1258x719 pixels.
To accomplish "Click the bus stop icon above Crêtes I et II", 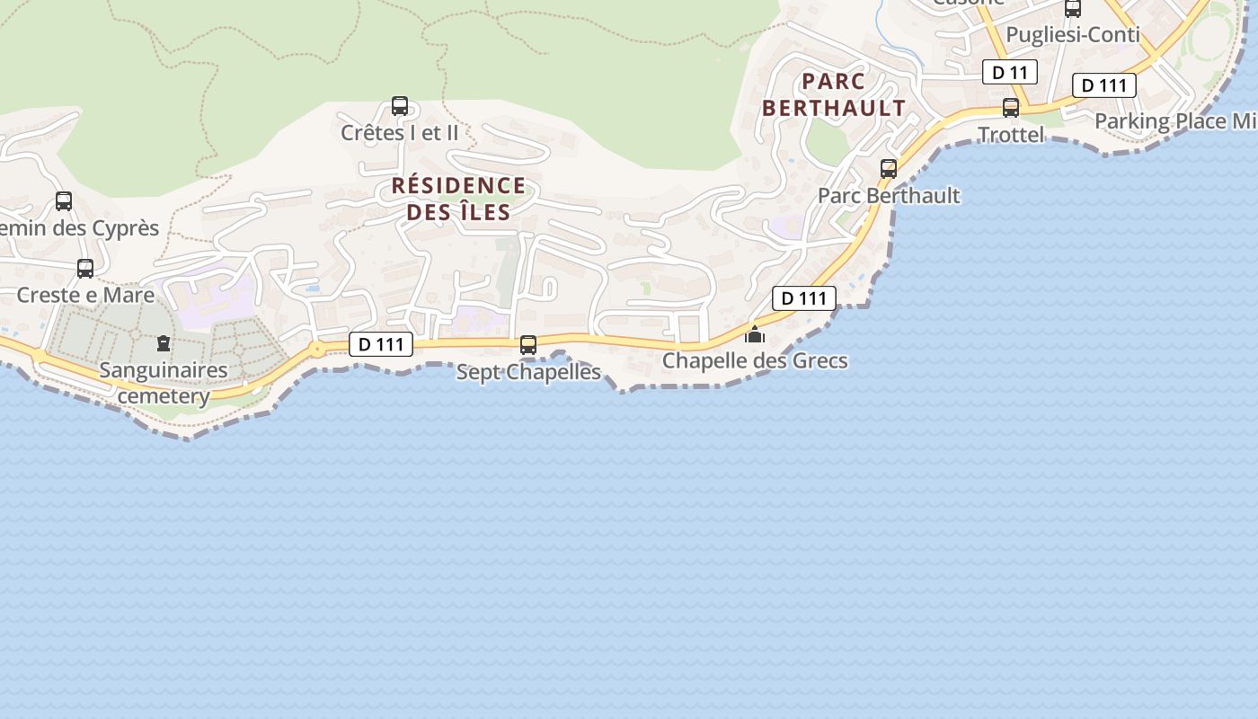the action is (x=400, y=106).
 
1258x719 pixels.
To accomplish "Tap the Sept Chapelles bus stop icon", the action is (x=528, y=345).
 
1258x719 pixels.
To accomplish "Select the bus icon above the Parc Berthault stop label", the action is (x=889, y=168).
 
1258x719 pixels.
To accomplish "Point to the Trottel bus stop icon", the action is (x=1011, y=108).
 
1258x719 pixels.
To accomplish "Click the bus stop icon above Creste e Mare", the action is (x=85, y=268).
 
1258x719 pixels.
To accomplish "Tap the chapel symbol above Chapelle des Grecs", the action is (x=755, y=334).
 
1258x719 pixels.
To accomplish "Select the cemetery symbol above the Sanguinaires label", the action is (x=164, y=342).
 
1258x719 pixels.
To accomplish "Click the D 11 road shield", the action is (x=1010, y=72).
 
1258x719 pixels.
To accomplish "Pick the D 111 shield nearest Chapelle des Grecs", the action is (x=803, y=298).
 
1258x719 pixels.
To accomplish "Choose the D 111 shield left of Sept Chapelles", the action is (x=381, y=343).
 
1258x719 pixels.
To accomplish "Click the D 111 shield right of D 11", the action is (x=1104, y=85).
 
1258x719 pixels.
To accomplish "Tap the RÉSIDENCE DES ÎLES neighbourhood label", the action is (x=458, y=199).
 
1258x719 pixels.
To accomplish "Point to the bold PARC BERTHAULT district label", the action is (x=833, y=94).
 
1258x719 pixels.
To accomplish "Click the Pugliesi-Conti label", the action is (x=1073, y=35).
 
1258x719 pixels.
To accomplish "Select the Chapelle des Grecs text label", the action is (x=755, y=361).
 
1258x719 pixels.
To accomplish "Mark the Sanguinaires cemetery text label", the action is (x=164, y=383).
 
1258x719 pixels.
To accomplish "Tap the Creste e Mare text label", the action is (x=85, y=295).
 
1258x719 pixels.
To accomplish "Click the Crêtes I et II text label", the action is (x=400, y=133).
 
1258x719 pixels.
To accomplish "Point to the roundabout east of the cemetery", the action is (x=317, y=348).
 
